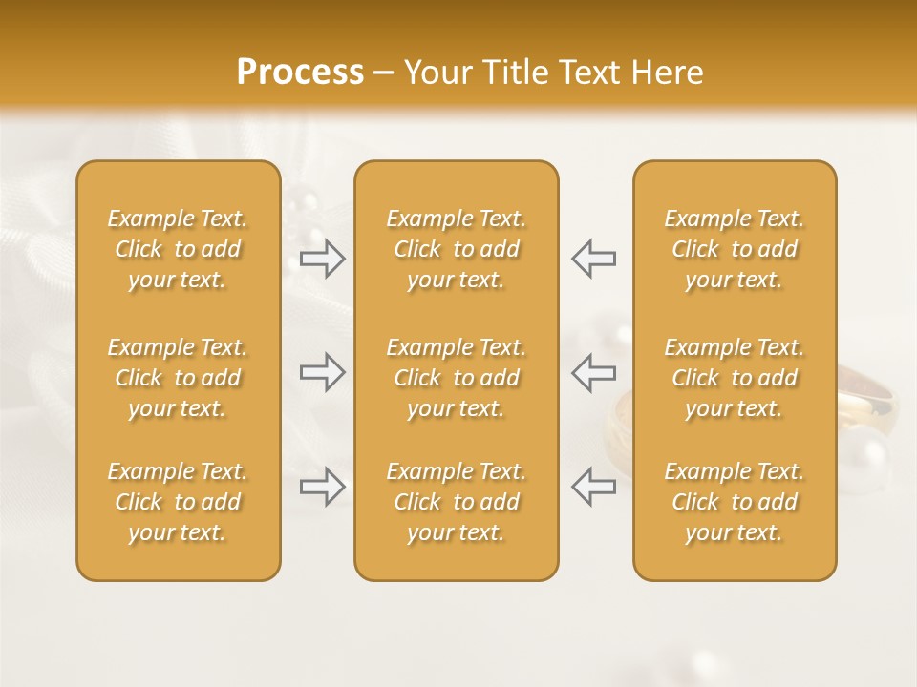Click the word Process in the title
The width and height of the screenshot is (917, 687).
300,73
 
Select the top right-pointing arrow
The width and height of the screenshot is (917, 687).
322,258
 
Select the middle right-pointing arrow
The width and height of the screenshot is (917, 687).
322,372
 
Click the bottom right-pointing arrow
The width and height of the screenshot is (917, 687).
322,487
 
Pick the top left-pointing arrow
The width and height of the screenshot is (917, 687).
594,258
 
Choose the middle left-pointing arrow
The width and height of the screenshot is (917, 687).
594,372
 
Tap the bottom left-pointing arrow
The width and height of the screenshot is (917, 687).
594,487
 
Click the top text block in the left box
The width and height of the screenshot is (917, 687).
178,249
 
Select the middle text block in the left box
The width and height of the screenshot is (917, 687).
178,378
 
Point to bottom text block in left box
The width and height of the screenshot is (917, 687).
178,502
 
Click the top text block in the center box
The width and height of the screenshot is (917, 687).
457,249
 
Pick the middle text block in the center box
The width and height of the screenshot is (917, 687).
457,378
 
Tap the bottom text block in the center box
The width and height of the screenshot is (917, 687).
457,502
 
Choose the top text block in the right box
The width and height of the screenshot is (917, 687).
735,249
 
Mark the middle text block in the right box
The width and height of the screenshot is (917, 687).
735,378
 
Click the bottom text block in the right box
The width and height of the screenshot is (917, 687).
735,502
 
